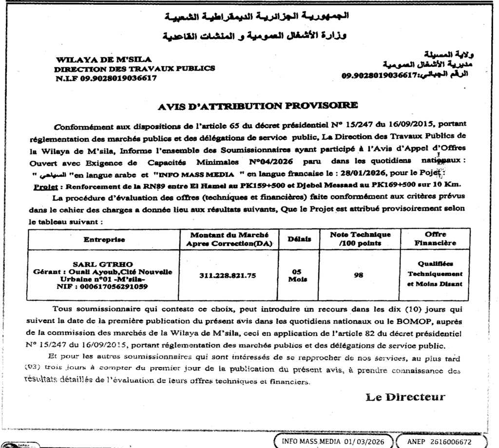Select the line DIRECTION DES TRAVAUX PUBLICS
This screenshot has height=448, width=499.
click(134, 68)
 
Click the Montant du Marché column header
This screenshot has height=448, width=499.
click(230, 239)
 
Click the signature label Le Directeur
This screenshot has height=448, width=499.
click(405, 397)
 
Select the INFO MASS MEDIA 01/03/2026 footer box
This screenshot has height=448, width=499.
click(330, 441)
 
